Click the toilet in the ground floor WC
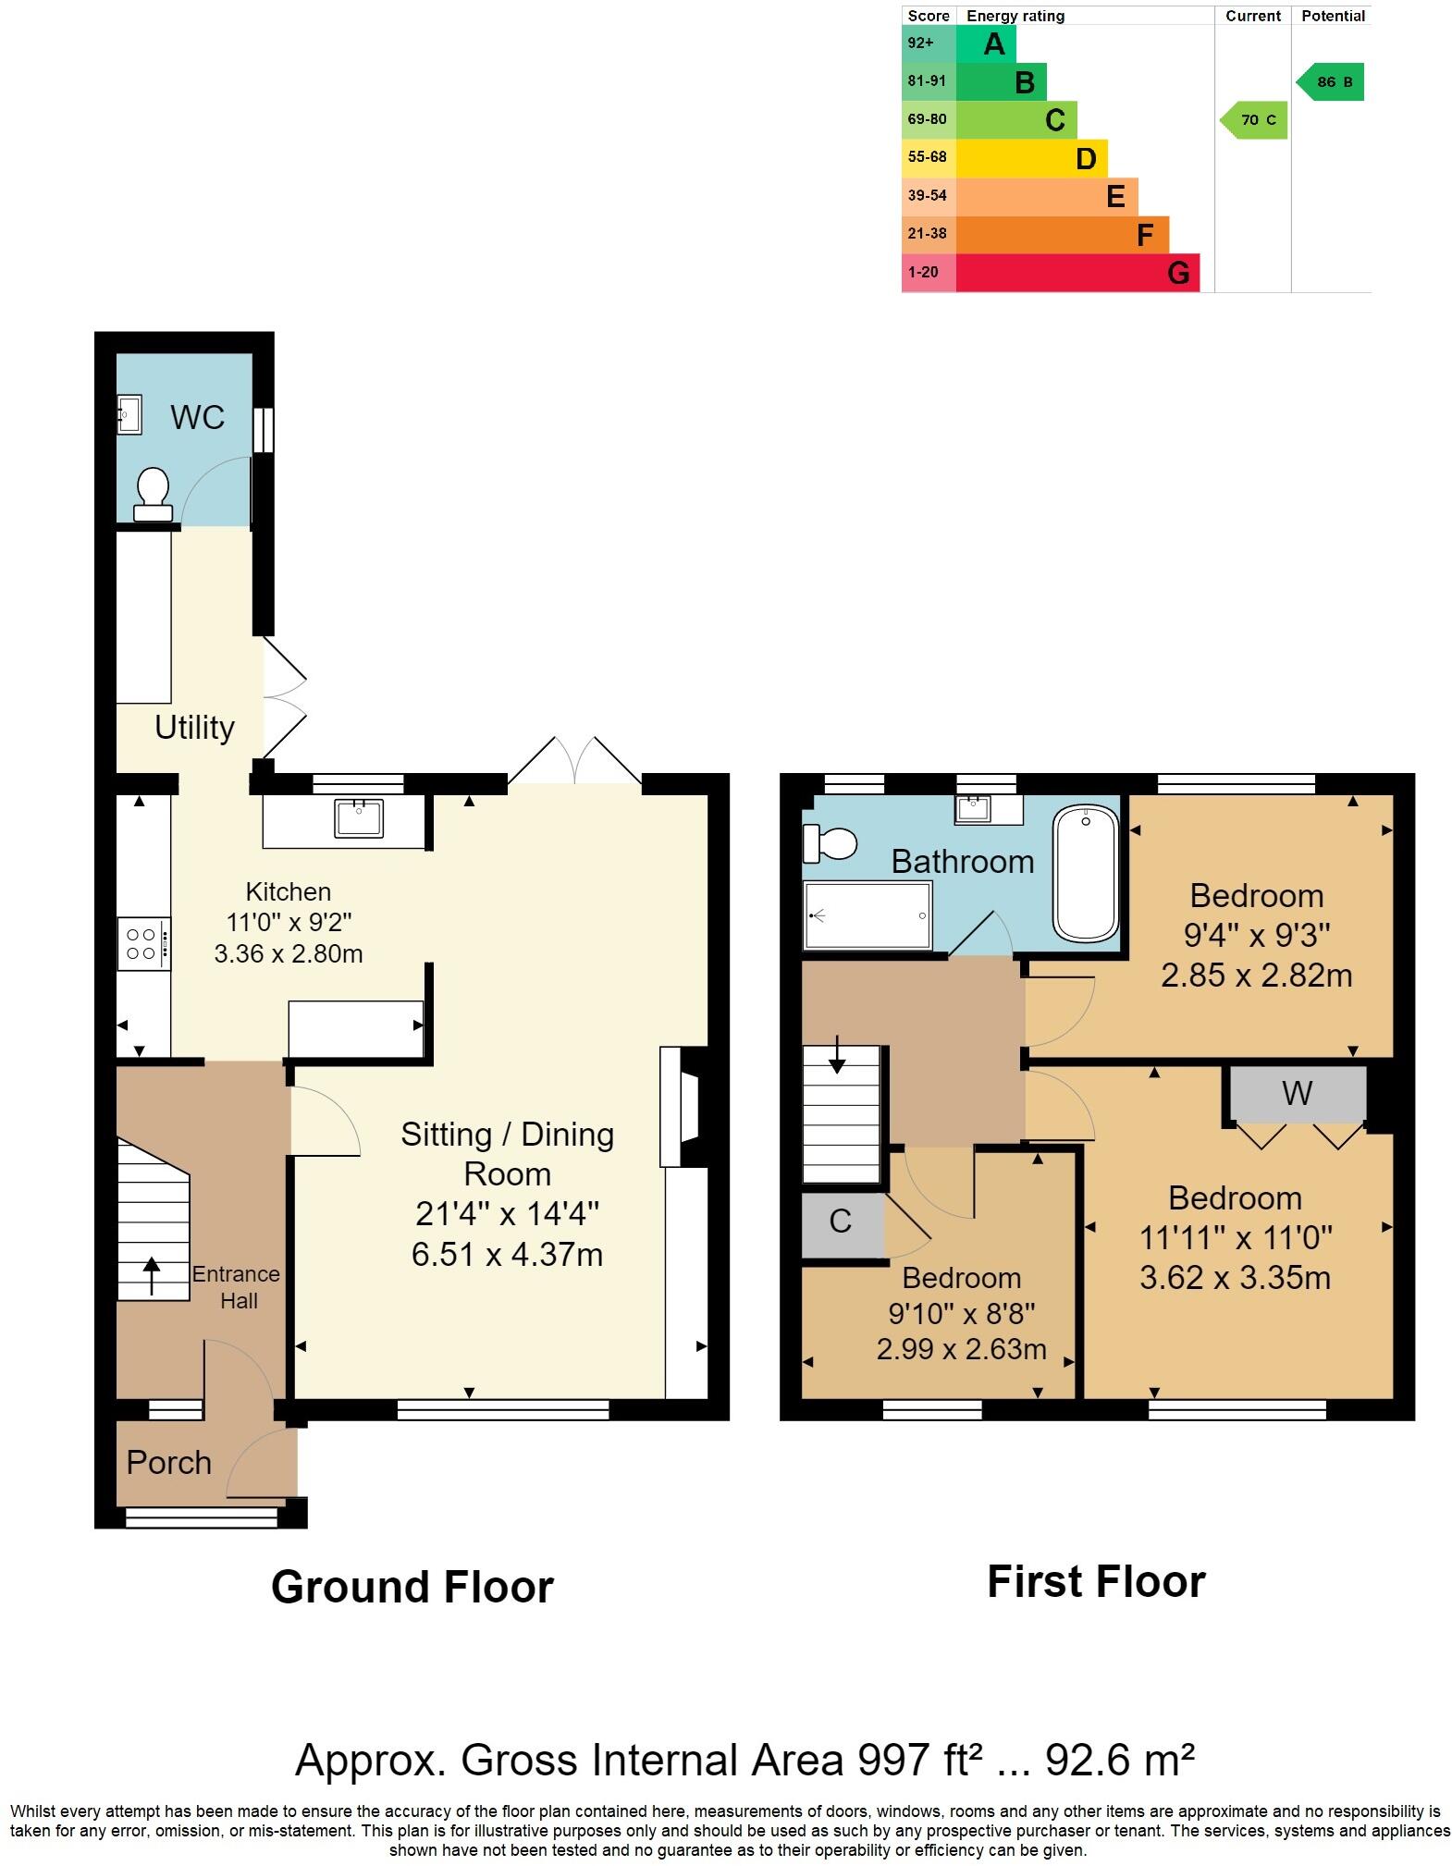pos(153,494)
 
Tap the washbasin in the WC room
pos(129,414)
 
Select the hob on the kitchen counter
pos(143,943)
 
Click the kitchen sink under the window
pos(360,817)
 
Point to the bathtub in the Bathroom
pos(1086,873)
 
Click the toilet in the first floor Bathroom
pos(830,842)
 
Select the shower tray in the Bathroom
pos(868,915)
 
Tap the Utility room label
pos(194,728)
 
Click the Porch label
pos(169,1462)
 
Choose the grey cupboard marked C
pos(843,1224)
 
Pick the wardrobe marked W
pos(1298,1094)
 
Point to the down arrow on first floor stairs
pos(837,1054)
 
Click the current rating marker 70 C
pos(1254,120)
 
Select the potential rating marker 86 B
pos(1330,82)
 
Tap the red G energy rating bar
pos(1077,273)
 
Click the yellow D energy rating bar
pos(1031,158)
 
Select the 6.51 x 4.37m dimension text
pos(507,1255)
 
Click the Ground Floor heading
pos(412,1587)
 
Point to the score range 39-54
pos(928,195)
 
